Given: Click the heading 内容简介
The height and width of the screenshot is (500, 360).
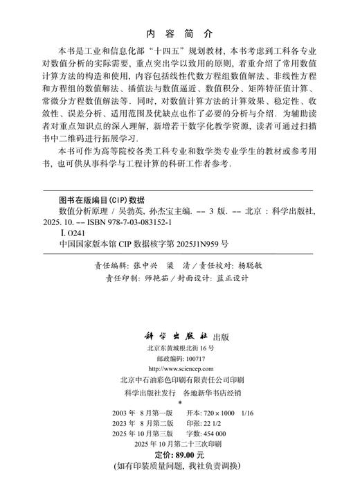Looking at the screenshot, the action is click(x=180, y=33).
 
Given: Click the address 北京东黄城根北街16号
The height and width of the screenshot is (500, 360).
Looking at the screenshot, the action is click(x=181, y=348).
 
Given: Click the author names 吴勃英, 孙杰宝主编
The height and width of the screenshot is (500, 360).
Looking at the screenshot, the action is click(x=162, y=211).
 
